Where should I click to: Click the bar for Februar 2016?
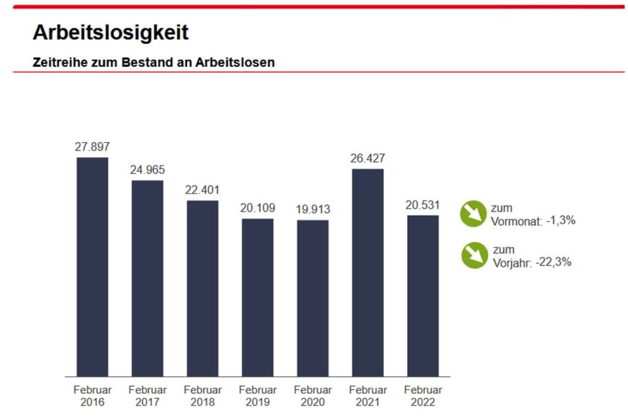click(92, 267)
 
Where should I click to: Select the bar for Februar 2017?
click(147, 278)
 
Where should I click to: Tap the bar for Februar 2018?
click(202, 288)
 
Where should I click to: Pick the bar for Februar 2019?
click(258, 297)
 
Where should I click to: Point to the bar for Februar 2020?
click(313, 298)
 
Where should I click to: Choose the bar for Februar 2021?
click(367, 273)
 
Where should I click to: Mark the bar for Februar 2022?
click(423, 295)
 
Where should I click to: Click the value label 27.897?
click(92, 147)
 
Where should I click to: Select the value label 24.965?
click(147, 170)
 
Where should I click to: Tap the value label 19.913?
click(313, 209)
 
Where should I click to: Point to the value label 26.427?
click(367, 158)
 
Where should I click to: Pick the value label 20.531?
click(423, 205)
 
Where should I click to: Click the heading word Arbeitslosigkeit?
click(111, 33)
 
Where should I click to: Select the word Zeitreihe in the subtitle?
click(58, 62)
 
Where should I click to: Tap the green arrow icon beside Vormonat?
click(474, 213)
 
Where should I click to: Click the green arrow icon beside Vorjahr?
click(474, 255)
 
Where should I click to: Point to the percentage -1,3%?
click(561, 221)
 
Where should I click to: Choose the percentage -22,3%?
click(553, 263)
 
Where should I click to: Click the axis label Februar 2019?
click(258, 396)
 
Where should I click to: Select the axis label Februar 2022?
click(423, 396)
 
